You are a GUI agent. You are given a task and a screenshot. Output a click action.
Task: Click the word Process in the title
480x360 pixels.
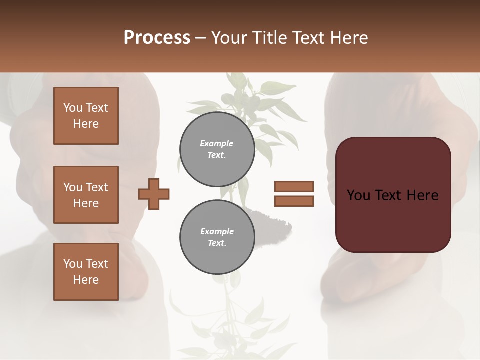coord(157,38)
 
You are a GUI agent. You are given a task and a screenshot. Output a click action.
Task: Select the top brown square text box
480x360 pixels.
coord(86,116)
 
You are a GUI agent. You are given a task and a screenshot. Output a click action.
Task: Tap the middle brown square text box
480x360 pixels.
coord(86,195)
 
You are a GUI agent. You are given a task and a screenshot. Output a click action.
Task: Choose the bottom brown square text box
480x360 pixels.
coord(86,272)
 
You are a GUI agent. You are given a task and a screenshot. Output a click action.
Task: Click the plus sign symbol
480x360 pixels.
coord(154,194)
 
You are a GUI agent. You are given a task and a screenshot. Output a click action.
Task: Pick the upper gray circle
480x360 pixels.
coord(217,149)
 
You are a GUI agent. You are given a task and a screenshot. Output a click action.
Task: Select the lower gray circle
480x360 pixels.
coord(217,237)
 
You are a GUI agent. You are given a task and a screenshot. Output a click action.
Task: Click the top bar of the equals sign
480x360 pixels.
coord(294,186)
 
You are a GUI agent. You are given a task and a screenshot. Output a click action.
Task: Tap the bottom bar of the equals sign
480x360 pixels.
coord(294,201)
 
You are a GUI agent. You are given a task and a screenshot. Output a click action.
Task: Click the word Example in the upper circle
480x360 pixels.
coord(217,143)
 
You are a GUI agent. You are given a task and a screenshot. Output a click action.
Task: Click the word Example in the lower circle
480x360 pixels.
coord(217,231)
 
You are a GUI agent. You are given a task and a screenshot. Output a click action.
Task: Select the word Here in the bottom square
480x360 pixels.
coord(86,280)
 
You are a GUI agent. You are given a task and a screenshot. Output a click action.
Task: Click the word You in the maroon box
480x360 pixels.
coord(358,195)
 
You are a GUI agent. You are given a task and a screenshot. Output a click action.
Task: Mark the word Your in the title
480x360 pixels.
coord(229,38)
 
